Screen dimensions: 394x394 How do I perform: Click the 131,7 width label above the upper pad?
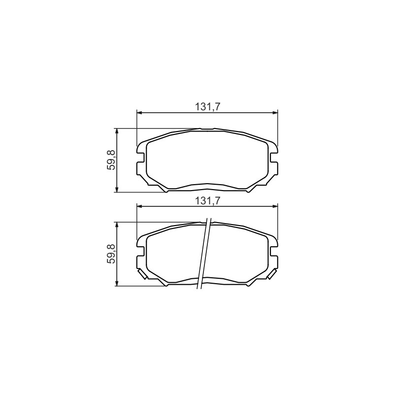coord(207,107)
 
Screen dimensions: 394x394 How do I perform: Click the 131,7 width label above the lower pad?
coord(207,201)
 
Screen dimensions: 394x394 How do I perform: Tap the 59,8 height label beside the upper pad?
coord(111,160)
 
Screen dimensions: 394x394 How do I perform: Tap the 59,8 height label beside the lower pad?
coord(111,254)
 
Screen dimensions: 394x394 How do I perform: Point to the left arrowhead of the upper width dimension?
coord(139,113)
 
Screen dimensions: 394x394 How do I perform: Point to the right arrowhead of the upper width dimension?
coord(275,113)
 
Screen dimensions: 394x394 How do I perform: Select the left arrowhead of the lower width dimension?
coord(139,206)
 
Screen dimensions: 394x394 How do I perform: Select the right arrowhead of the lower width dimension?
coord(275,206)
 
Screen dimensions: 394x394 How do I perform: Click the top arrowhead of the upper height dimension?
coord(116,131)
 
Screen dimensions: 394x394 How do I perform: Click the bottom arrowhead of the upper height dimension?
coord(116,189)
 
